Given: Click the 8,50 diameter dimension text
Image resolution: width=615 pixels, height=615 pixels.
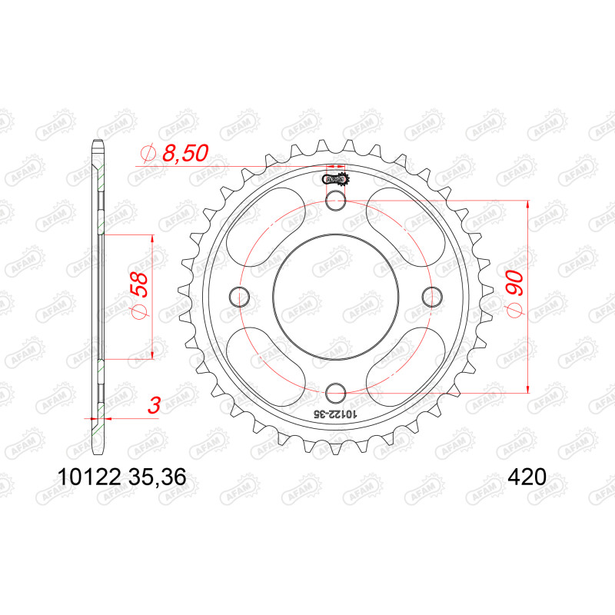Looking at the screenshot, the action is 185,153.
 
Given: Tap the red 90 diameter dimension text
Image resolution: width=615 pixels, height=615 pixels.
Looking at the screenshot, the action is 515,283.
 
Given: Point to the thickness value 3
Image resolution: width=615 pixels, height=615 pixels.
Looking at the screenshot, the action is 155,406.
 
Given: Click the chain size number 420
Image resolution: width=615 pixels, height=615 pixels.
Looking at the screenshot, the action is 527,477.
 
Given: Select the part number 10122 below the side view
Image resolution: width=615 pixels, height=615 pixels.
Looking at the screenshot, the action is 88,477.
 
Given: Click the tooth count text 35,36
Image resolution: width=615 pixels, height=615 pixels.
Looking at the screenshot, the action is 157,477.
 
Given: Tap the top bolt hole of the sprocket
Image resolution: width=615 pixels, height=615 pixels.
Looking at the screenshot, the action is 336,200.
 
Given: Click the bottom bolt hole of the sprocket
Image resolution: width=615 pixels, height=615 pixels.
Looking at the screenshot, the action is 336,393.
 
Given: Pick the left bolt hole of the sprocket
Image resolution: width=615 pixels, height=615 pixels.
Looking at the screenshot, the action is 239,297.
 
